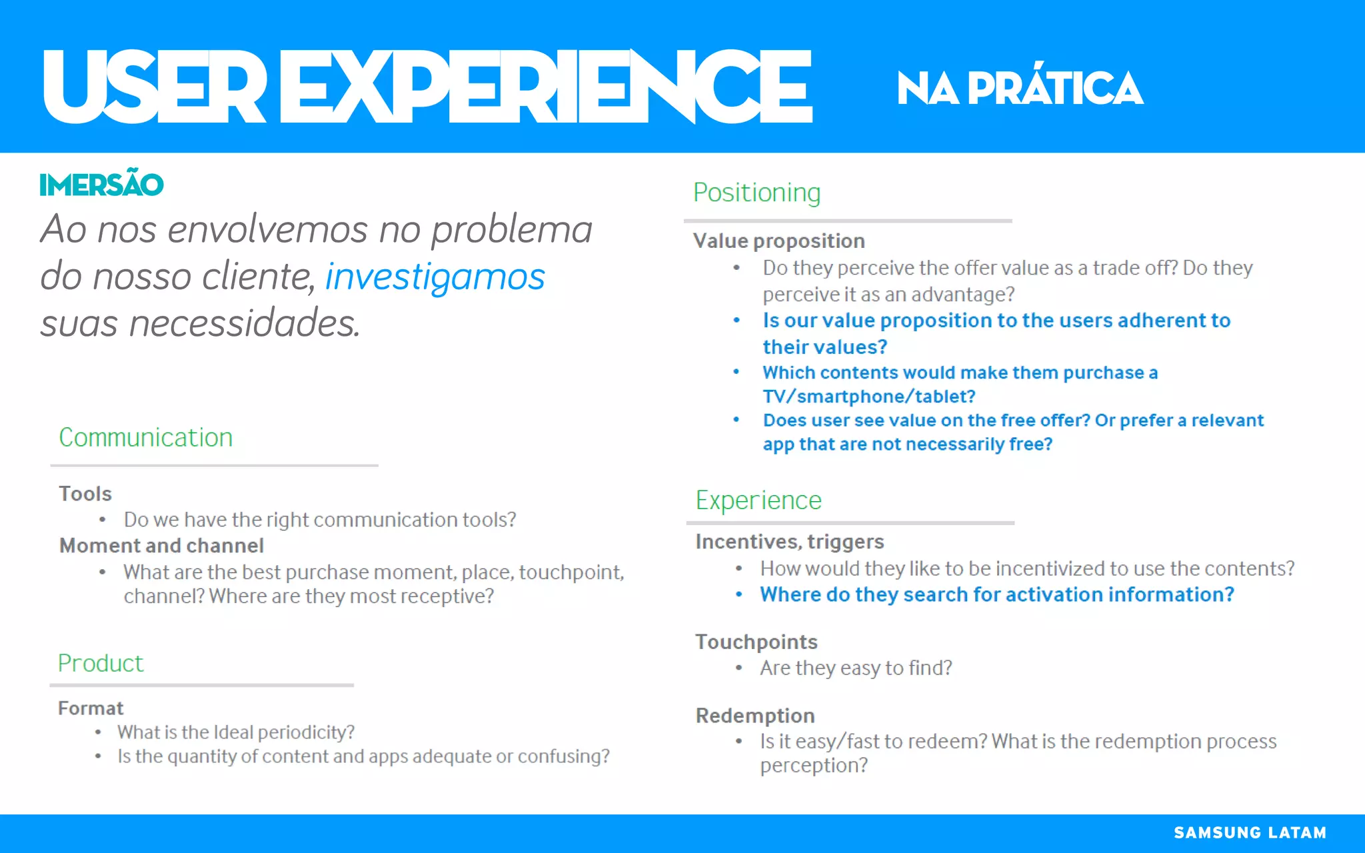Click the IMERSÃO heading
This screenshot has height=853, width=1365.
click(101, 185)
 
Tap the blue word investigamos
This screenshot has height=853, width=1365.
click(435, 277)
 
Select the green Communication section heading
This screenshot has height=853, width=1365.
click(146, 438)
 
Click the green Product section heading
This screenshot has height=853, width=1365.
click(101, 663)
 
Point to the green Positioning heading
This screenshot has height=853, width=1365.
click(756, 193)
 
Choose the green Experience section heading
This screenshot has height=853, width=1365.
click(758, 500)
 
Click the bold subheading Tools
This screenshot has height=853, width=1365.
click(85, 494)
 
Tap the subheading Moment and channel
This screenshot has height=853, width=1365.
click(161, 546)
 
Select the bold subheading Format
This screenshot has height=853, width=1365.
click(91, 708)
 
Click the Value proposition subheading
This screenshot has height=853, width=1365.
click(779, 241)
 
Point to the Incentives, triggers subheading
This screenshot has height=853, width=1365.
click(790, 542)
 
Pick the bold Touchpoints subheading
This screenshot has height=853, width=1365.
click(756, 642)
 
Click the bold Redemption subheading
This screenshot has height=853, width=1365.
click(755, 716)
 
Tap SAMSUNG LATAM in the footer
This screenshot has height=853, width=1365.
click(1250, 832)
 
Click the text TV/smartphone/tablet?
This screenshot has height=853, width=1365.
click(869, 397)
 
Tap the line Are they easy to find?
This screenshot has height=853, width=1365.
click(856, 668)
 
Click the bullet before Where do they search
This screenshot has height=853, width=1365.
click(738, 594)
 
